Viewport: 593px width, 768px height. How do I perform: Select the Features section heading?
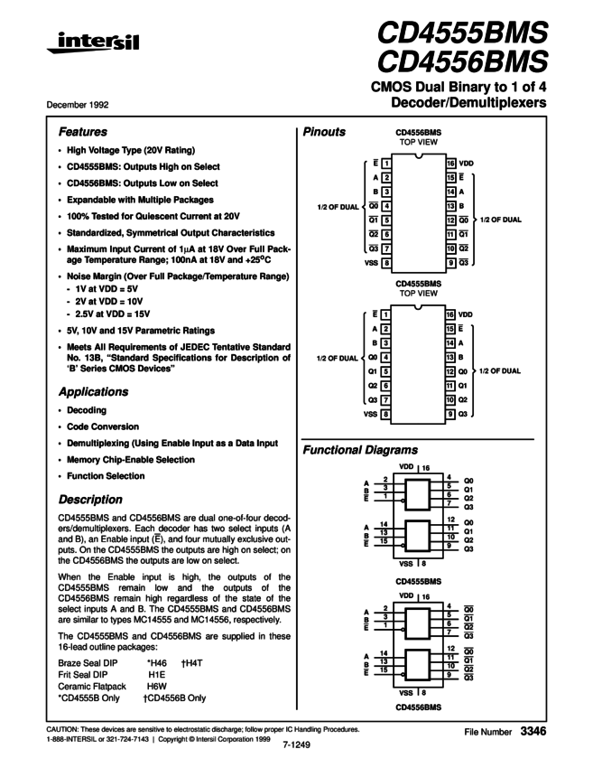(x=83, y=131)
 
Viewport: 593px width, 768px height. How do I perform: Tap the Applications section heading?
(x=94, y=392)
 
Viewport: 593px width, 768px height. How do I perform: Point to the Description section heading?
(x=90, y=499)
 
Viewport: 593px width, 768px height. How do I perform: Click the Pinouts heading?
(x=324, y=131)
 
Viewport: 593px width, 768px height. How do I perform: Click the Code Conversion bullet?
(x=102, y=426)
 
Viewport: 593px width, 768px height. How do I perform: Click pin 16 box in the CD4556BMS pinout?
(x=450, y=164)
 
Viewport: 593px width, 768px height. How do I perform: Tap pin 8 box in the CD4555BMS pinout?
(x=386, y=415)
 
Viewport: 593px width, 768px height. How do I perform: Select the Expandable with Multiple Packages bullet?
(x=139, y=199)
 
